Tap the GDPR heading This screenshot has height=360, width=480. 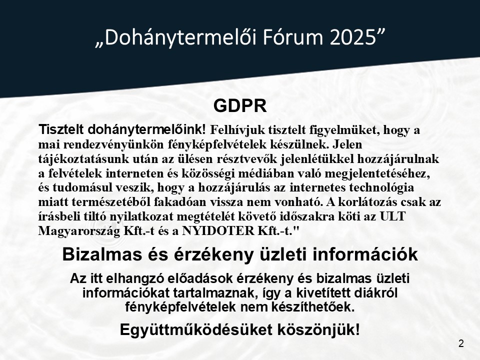240,106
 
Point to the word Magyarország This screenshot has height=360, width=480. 79,231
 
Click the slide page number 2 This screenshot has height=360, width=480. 461,343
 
